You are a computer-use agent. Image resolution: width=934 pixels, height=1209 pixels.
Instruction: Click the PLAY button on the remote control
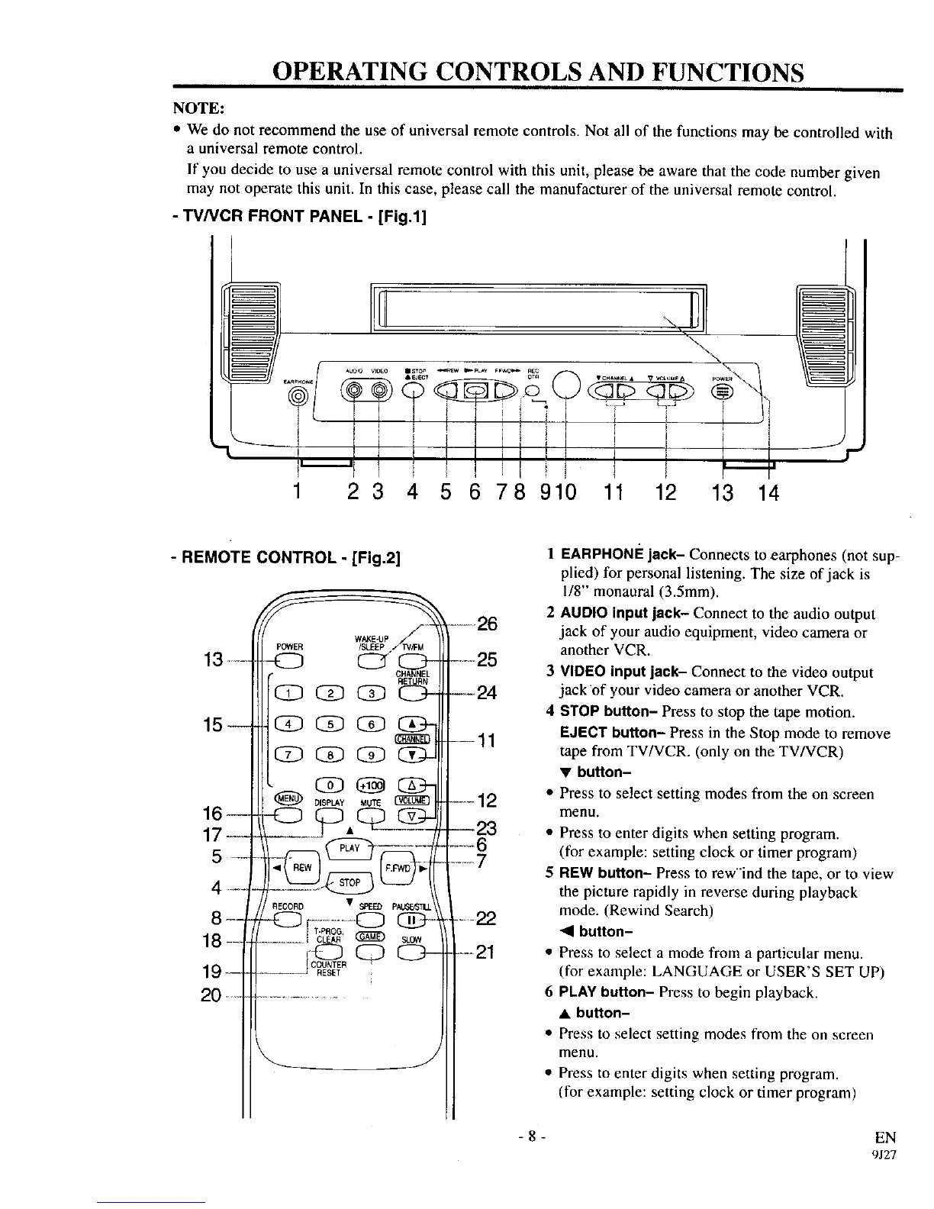point(349,848)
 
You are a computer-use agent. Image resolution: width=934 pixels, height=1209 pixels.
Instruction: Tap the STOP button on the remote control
point(349,882)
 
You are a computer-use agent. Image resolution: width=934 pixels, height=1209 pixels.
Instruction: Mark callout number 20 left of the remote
point(211,996)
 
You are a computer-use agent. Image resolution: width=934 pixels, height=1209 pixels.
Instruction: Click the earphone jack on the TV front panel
point(298,395)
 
